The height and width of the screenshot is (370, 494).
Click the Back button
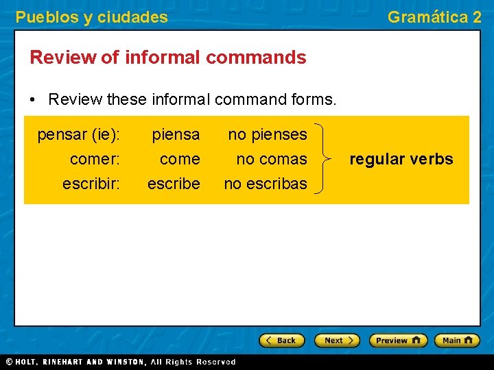tap(281, 341)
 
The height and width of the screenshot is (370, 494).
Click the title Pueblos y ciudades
tap(91, 17)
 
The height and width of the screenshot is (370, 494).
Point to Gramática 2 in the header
tap(434, 17)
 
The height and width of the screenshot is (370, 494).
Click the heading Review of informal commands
tap(168, 58)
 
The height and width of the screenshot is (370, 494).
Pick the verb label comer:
tap(95, 159)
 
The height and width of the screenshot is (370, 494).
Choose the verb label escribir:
tap(91, 184)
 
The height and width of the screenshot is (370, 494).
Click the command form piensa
tap(176, 134)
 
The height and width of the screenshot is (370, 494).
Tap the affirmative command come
tap(180, 159)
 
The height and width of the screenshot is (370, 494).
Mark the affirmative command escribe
tap(174, 184)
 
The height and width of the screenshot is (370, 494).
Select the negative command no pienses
tap(268, 134)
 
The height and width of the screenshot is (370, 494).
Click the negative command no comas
tap(272, 159)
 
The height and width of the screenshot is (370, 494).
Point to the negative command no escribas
tap(266, 184)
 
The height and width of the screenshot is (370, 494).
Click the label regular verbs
tap(401, 159)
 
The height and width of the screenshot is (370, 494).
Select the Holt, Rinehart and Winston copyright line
tap(120, 362)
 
